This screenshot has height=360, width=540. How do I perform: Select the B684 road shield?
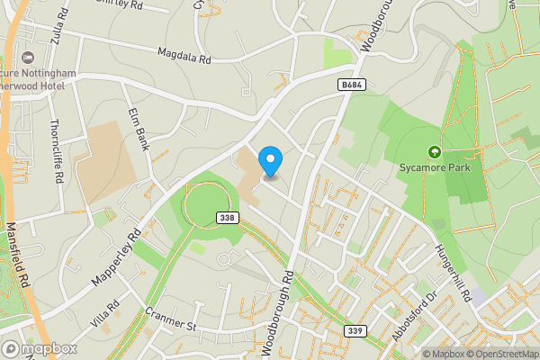[x=352, y=84]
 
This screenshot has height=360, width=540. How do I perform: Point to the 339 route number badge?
[x=355, y=332]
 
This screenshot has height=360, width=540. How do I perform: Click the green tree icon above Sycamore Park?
[x=436, y=152]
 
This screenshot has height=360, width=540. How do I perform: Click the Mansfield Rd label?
[x=19, y=257]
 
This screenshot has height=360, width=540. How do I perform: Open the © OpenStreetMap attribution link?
[x=499, y=354]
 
